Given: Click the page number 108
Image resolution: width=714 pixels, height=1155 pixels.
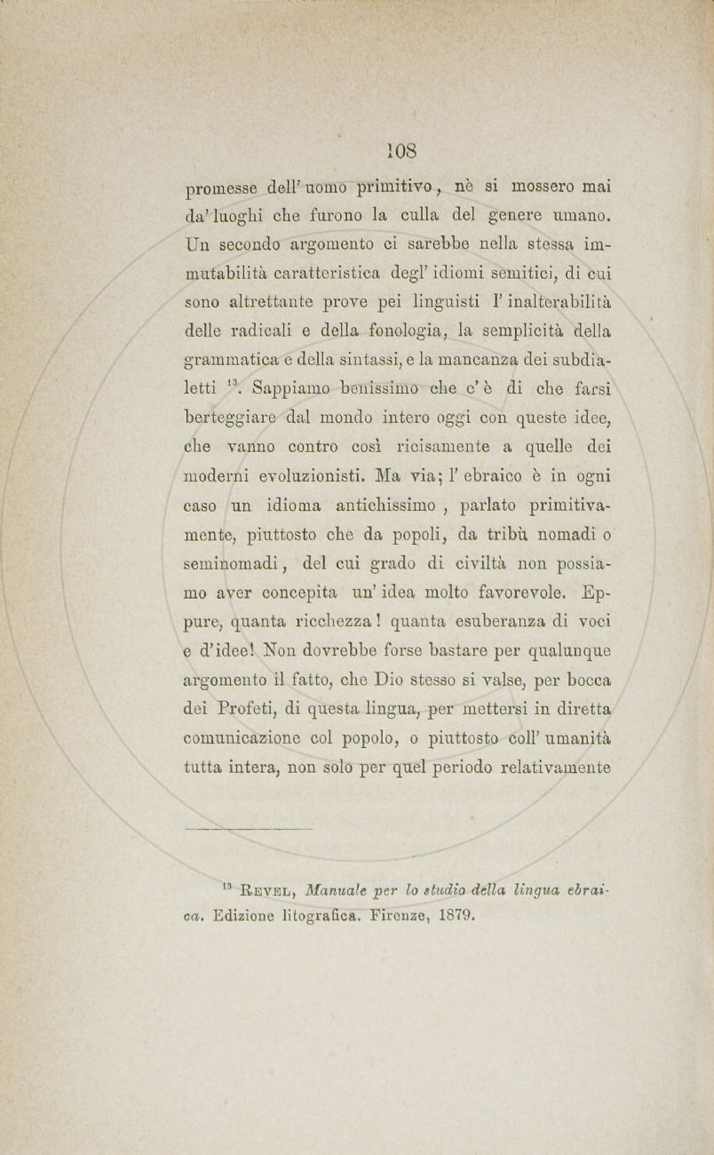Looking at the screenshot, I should [401, 147].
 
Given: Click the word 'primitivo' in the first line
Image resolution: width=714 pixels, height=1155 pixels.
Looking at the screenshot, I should [393, 188].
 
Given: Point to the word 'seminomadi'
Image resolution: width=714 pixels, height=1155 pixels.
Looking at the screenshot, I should [234, 564].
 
